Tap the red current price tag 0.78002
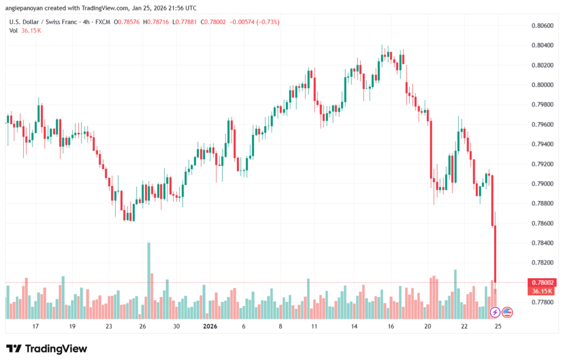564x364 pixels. point(540,282)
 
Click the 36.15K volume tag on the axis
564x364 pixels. point(540,291)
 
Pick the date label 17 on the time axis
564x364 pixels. point(36,327)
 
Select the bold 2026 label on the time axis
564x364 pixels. point(210,327)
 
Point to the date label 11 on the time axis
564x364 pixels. point(314,327)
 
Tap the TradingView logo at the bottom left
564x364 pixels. point(47,349)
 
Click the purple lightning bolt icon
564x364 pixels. point(495,312)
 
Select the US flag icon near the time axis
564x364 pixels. point(507,312)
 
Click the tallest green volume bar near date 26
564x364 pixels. point(149,280)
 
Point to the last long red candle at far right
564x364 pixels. point(496,253)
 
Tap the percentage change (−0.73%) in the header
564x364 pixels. point(267,22)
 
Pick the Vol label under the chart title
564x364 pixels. point(14,30)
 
